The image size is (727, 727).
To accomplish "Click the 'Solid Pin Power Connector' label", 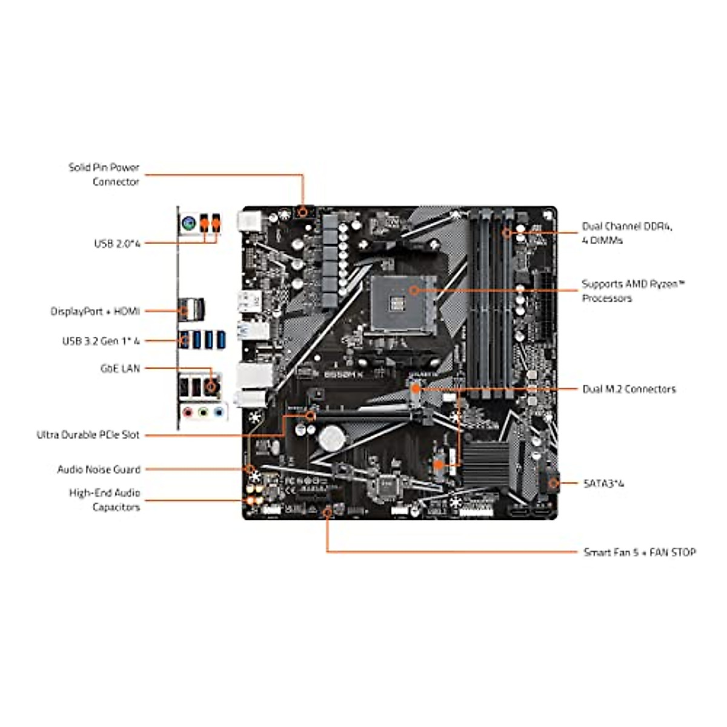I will pyautogui.click(x=104, y=174).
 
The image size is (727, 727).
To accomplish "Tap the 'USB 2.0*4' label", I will pyautogui.click(x=116, y=244).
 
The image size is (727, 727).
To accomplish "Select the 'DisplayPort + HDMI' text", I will pyautogui.click(x=95, y=311).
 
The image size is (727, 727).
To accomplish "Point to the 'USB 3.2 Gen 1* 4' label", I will pyautogui.click(x=101, y=341).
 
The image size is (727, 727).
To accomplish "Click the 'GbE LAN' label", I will pyautogui.click(x=119, y=368).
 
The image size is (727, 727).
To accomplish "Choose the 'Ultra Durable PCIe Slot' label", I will pyautogui.click(x=88, y=435).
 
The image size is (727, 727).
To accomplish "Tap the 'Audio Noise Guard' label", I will pyautogui.click(x=98, y=470).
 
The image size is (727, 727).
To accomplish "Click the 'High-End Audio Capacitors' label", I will pyautogui.click(x=104, y=500).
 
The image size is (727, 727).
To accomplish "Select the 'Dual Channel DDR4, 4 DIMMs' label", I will pyautogui.click(x=627, y=233).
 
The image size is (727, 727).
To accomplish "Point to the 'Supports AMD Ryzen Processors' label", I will pyautogui.click(x=633, y=291).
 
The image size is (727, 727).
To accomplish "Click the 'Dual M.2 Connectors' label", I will pyautogui.click(x=628, y=389).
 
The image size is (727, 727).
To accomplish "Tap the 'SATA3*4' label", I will pyautogui.click(x=603, y=483).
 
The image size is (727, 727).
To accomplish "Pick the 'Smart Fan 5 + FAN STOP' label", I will pyautogui.click(x=639, y=552).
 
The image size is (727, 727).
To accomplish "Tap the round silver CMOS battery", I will pyautogui.click(x=332, y=437).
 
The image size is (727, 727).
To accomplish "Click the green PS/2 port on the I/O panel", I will pyautogui.click(x=188, y=224).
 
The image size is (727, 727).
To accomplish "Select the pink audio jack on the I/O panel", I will pyautogui.click(x=190, y=413).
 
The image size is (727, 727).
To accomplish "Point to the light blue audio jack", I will pyautogui.click(x=219, y=413).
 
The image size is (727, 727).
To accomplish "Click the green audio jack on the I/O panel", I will pyautogui.click(x=204, y=413).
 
